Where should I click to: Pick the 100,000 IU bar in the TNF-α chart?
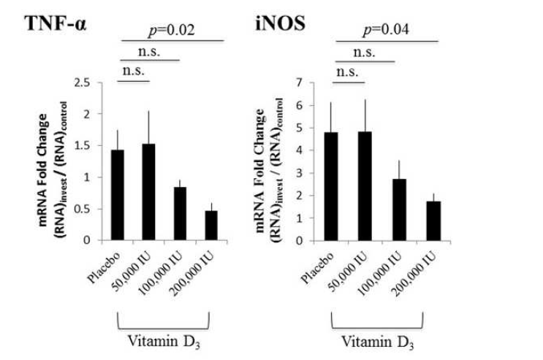(x=179, y=212)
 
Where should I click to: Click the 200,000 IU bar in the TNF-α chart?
(x=210, y=225)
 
